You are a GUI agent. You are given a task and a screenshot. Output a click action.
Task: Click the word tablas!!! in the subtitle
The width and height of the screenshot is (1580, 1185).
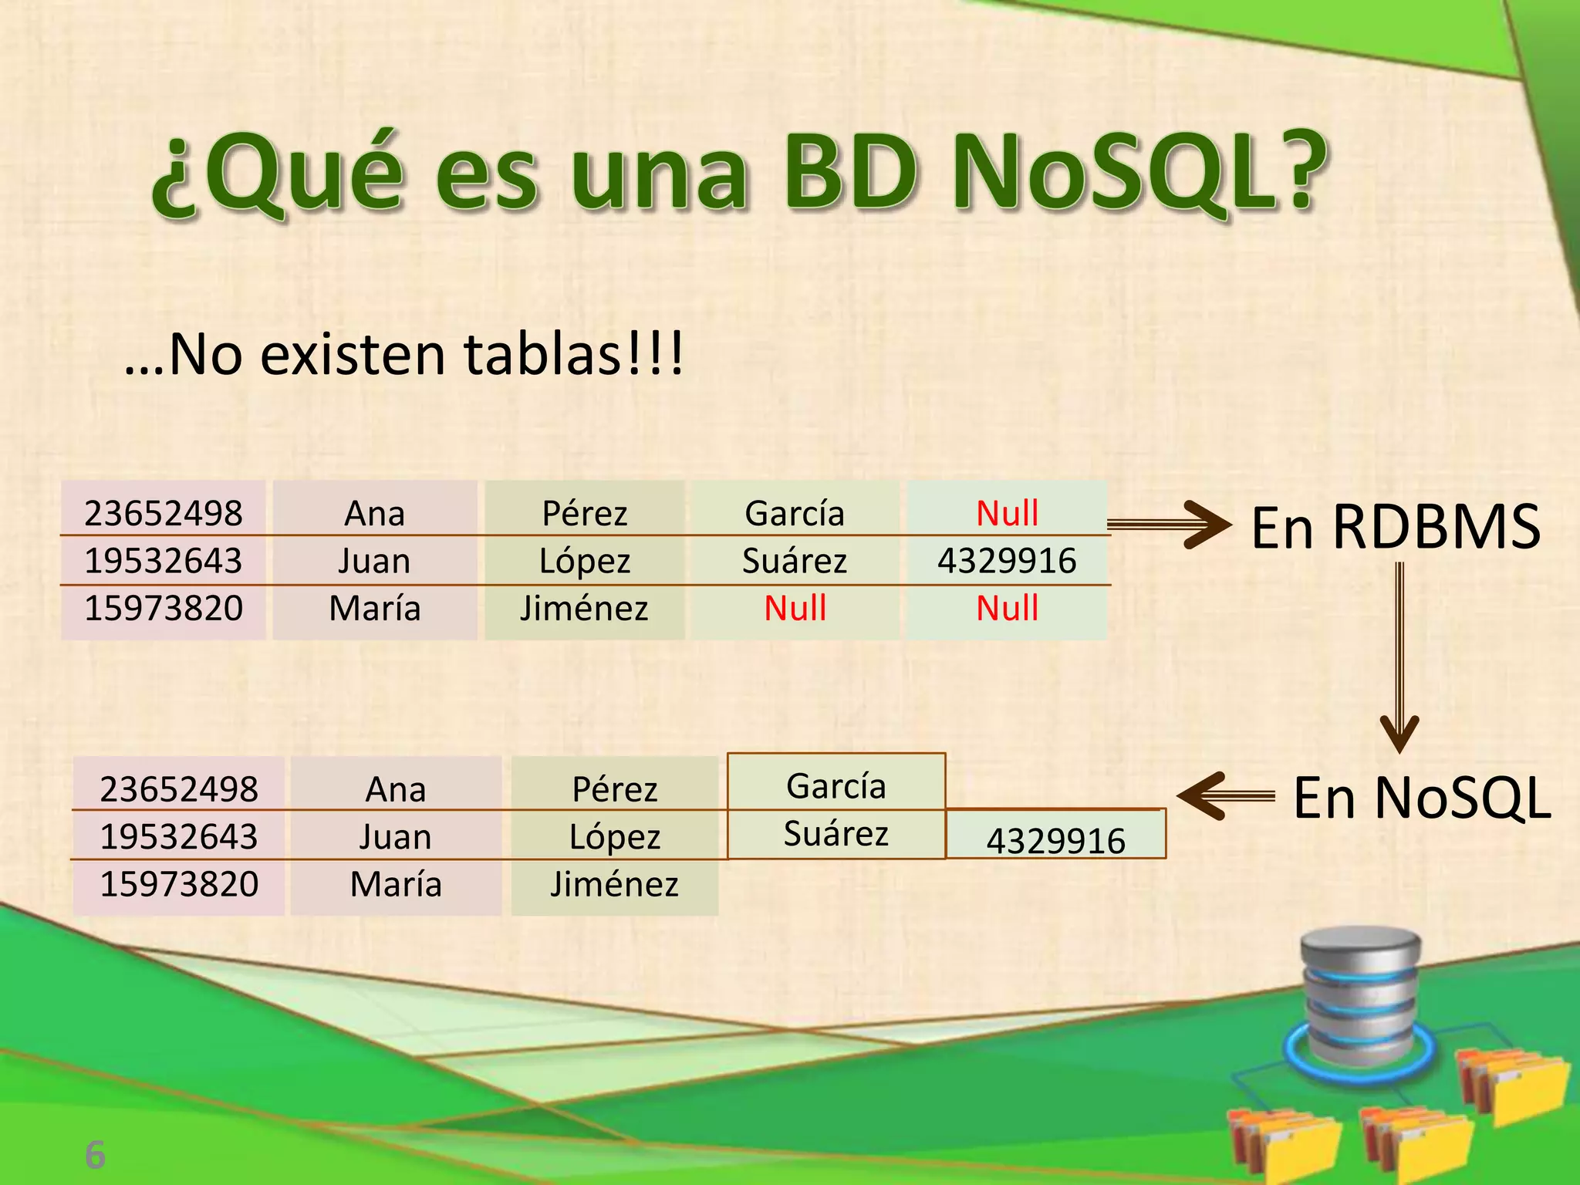click(x=573, y=355)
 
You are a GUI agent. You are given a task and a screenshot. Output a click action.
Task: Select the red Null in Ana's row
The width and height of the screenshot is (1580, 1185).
click(x=1007, y=513)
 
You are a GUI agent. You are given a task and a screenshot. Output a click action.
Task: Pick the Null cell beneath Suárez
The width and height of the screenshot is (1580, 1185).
click(x=795, y=608)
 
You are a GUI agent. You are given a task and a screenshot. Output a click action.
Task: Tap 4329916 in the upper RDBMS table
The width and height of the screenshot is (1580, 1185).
click(x=1007, y=561)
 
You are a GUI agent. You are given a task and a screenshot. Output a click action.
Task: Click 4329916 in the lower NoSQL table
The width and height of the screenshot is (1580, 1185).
click(x=1055, y=839)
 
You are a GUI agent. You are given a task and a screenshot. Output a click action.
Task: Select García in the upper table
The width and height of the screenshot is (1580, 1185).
click(x=795, y=513)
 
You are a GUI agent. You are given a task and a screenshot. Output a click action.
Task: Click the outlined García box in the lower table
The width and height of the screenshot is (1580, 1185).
click(x=836, y=785)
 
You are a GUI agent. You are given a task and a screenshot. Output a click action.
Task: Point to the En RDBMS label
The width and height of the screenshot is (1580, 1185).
click(x=1395, y=528)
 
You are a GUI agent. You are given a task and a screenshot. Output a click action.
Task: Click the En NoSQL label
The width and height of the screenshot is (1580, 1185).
click(x=1421, y=798)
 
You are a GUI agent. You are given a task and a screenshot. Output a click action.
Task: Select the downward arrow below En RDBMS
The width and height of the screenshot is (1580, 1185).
click(x=1399, y=656)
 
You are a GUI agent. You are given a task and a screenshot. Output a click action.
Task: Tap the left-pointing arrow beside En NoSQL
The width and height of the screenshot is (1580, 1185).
click(x=1225, y=795)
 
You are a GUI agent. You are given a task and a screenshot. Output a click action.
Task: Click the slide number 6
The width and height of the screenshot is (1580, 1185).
click(x=95, y=1154)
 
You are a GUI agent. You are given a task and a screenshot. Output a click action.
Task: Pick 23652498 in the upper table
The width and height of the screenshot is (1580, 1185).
click(x=164, y=513)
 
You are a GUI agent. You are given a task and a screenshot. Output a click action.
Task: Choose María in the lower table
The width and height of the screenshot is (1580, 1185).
click(x=396, y=884)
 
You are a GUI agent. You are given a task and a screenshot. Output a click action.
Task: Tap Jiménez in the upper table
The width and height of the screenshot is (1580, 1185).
click(x=584, y=608)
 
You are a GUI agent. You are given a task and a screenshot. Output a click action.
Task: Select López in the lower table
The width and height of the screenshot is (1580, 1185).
click(x=615, y=837)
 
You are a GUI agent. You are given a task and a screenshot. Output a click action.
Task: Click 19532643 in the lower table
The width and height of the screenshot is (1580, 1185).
click(x=179, y=837)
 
